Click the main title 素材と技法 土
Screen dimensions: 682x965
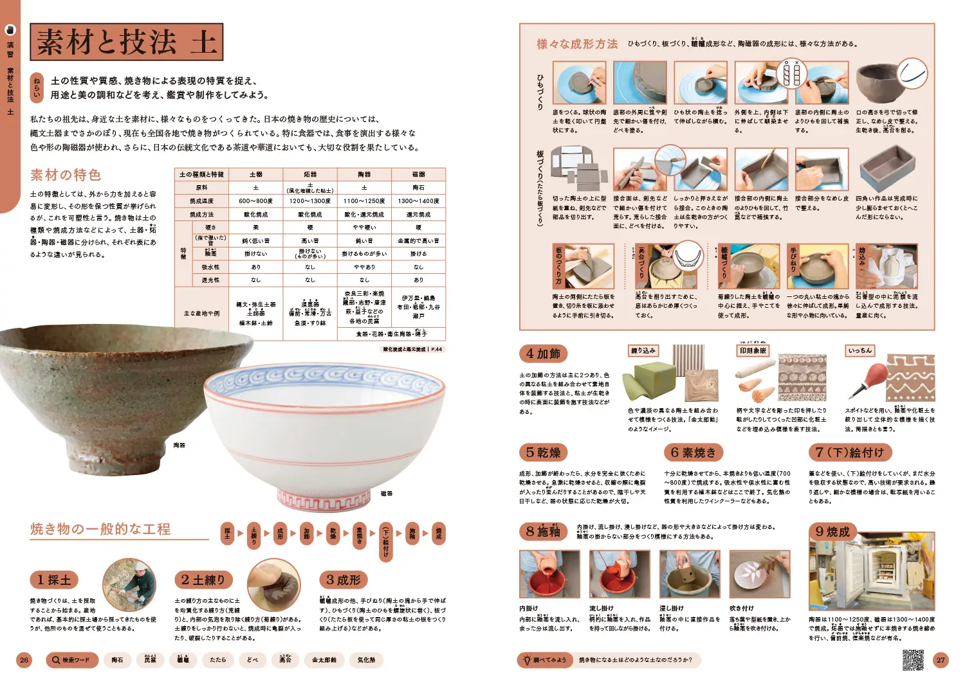tap(127, 42)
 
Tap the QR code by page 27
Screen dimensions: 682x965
tap(914, 660)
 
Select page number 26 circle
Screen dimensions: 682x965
tap(24, 660)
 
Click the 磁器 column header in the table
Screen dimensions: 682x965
tap(418, 174)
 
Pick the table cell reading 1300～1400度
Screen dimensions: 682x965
tap(418, 201)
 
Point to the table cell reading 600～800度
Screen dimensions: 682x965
tap(255, 201)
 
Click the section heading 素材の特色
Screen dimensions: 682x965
tap(66, 175)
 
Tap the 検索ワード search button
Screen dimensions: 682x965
tap(71, 660)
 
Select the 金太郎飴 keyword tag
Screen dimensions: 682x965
tap(324, 660)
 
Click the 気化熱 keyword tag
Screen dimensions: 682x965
tap(366, 660)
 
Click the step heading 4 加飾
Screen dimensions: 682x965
tap(543, 354)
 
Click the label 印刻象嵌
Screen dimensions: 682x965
tap(753, 351)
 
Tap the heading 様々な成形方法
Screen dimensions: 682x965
tap(577, 44)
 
